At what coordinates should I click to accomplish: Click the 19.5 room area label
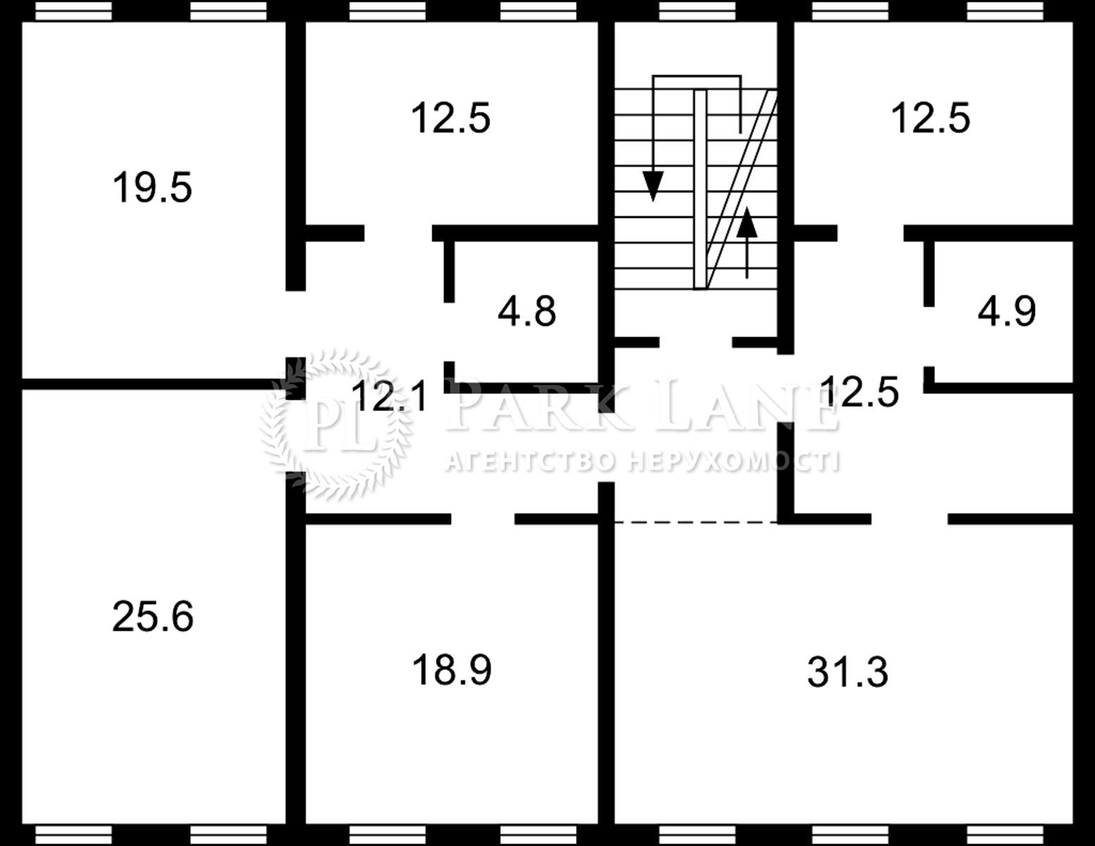tap(152, 188)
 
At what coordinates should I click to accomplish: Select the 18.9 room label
tap(451, 670)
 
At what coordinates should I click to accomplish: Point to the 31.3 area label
tap(848, 672)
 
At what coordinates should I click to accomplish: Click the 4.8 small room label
tap(527, 311)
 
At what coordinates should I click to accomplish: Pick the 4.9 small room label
tap(1007, 311)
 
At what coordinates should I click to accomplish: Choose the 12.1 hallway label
tap(389, 396)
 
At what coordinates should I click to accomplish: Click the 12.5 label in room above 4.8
tap(451, 118)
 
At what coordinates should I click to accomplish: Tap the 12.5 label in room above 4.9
tap(930, 118)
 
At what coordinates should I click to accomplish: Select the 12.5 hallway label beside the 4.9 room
tap(860, 391)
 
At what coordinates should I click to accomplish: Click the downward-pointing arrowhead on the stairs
tap(653, 186)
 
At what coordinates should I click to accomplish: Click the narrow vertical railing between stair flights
tap(700, 190)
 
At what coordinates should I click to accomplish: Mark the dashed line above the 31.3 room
tap(696, 522)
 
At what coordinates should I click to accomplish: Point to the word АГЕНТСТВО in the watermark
tap(531, 462)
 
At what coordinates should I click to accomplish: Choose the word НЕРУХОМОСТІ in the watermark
tap(735, 462)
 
